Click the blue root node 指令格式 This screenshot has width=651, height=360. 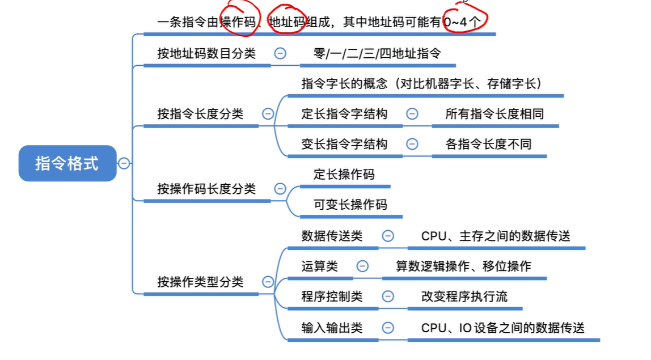tap(67, 163)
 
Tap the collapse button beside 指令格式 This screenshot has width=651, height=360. tap(124, 163)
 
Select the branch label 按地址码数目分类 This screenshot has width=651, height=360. tap(206, 54)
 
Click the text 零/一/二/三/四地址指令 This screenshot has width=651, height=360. tap(377, 54)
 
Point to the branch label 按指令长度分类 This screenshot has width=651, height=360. tap(200, 113)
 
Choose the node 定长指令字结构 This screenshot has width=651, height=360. tap(344, 113)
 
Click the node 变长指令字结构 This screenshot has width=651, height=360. tap(344, 144)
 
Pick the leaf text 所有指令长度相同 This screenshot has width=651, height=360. tap(494, 113)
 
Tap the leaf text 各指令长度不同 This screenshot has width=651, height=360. tap(489, 144)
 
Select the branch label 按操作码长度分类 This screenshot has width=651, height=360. tap(206, 189)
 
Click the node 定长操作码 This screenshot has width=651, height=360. tap(344, 174)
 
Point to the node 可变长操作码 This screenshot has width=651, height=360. tap(350, 204)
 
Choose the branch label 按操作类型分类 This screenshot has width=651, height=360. tap(200, 282)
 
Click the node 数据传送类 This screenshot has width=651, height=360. tap(332, 236)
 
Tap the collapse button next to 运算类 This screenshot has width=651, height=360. tap(362, 266)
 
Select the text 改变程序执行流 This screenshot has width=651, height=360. tap(464, 296)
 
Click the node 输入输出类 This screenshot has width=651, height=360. tap(332, 328)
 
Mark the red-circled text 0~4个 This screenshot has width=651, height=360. tap(466, 22)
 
